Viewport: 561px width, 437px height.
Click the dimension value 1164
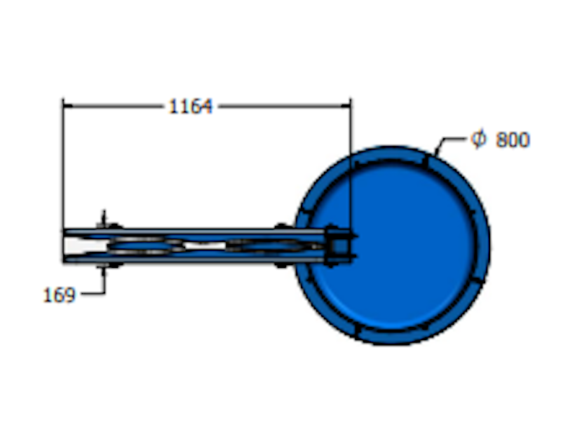point(190,107)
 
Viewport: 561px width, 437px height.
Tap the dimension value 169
point(59,295)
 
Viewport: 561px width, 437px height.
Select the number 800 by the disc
point(513,140)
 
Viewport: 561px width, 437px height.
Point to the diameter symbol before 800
point(478,139)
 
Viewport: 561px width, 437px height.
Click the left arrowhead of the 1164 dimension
point(68,106)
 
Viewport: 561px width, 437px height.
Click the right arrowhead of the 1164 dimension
point(346,106)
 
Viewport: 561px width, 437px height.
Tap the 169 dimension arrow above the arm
point(104,218)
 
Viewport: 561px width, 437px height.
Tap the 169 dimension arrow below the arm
point(104,272)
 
